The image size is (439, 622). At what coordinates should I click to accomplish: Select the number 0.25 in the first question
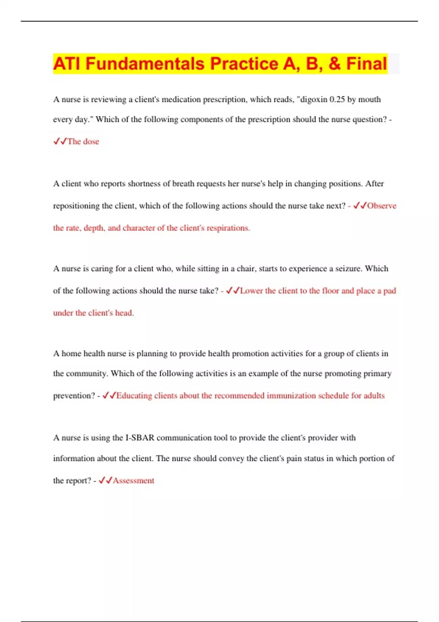(x=337, y=100)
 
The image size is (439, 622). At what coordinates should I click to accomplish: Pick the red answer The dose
(x=83, y=142)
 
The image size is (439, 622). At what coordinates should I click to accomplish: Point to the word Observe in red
(x=382, y=206)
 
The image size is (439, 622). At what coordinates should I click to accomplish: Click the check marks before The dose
(x=60, y=141)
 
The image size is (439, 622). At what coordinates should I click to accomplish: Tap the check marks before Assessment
(x=105, y=480)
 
